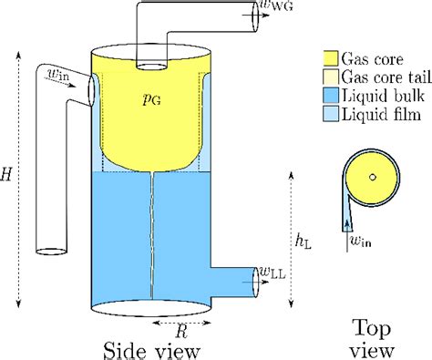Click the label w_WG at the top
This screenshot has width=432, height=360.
tap(276, 8)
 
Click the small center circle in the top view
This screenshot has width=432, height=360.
tap(372, 177)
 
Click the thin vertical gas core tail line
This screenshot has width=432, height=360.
tap(148, 237)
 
